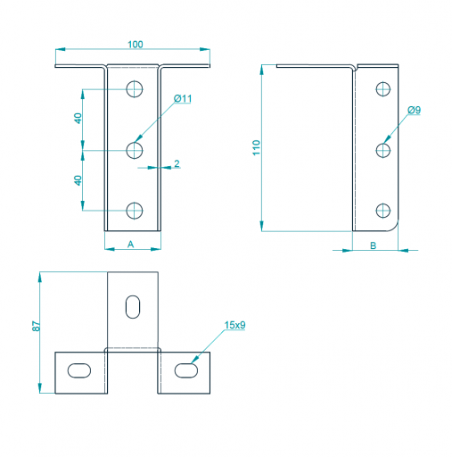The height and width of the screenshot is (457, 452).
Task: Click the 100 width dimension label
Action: (136, 45)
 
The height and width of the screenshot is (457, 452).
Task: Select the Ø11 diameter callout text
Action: (183, 98)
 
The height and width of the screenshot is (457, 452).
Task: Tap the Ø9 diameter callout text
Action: (414, 110)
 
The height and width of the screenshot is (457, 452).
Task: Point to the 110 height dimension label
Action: (256, 147)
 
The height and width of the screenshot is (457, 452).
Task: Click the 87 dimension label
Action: (36, 326)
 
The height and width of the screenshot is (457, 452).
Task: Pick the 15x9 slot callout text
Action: (234, 325)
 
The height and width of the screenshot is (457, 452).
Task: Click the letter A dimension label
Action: (131, 245)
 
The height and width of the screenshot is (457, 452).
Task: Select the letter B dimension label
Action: (374, 245)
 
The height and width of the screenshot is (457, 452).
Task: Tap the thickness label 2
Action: (177, 163)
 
